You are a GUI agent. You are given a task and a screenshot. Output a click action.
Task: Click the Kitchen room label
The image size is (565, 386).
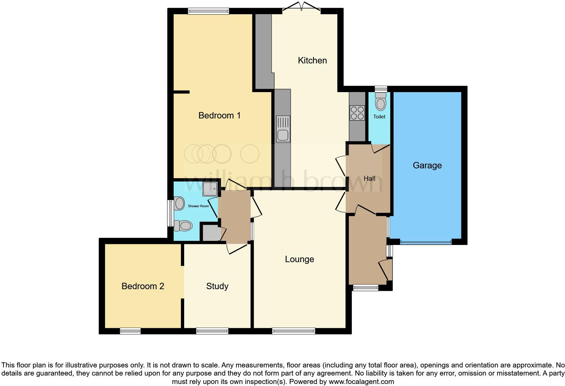coord(312,60)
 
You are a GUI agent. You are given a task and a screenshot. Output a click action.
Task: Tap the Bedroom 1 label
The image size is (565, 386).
coord(219,115)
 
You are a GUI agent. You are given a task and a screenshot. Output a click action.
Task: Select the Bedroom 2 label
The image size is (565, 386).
coord(143,286)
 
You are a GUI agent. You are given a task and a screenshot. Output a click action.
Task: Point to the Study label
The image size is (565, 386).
coord(217,286)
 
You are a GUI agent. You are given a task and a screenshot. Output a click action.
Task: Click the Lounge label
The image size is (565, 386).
coord(299,259)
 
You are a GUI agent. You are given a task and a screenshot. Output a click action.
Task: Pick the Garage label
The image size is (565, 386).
coord(427,165)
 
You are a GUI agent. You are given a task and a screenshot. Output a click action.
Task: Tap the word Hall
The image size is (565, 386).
coord(369,178)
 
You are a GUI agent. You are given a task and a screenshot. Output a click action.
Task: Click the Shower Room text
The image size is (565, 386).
coord(198,206)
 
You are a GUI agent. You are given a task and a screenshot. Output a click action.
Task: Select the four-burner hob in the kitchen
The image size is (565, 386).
coord(357,113)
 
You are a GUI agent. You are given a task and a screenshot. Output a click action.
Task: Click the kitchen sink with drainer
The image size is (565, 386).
coord(283,129)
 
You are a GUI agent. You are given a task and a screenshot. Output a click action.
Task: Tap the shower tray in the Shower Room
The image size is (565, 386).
coord(210,189)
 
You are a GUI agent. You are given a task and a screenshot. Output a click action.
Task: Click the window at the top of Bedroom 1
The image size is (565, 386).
coord(208,11)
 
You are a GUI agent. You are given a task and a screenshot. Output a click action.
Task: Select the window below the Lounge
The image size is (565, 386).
coord(293,331)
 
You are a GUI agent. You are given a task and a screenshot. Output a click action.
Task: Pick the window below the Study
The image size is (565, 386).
coord(212,331)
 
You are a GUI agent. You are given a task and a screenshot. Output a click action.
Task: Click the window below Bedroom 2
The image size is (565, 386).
coord(130,331)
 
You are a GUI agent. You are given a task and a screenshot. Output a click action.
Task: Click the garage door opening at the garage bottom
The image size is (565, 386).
coord(425,242)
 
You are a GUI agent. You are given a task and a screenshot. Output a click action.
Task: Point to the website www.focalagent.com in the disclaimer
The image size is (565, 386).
coord(361,382)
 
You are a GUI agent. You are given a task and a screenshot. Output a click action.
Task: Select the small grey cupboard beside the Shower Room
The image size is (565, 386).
coord(211,233)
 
